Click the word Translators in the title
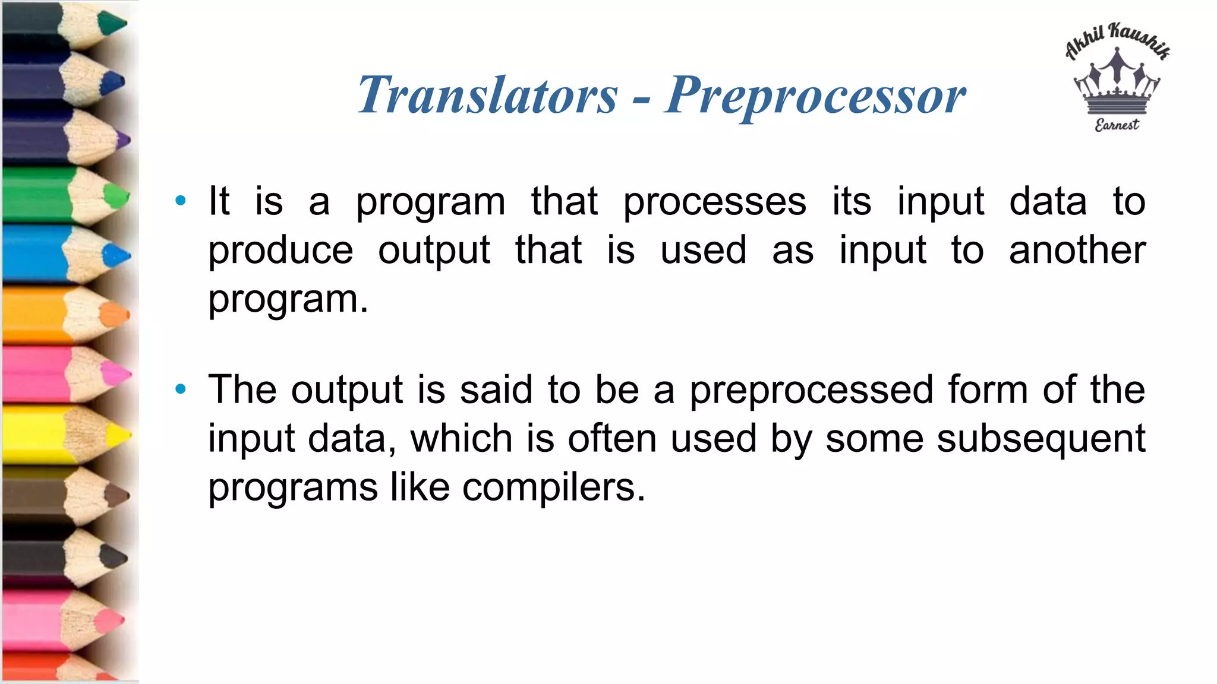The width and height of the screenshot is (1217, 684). [x=487, y=95]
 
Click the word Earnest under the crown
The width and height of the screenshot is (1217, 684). [x=1117, y=125]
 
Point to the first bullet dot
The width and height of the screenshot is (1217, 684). [x=181, y=201]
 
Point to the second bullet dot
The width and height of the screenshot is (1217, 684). [x=181, y=389]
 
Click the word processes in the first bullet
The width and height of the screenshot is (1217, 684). [x=714, y=202]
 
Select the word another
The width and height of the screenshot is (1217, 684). [x=1077, y=250]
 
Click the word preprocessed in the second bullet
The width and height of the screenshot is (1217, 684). [x=811, y=391]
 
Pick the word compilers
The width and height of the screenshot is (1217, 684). [x=553, y=487]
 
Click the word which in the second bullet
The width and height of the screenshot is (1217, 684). [x=461, y=439]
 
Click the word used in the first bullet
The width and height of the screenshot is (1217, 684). [x=704, y=250]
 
